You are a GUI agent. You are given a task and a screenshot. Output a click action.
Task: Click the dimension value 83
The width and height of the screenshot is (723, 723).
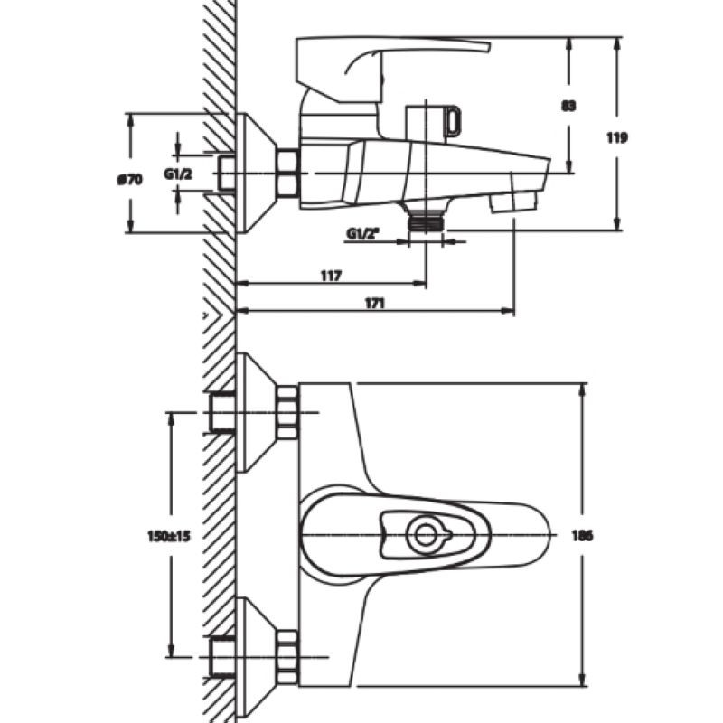click(568, 106)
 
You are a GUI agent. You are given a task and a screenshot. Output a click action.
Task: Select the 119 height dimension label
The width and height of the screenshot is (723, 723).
click(616, 138)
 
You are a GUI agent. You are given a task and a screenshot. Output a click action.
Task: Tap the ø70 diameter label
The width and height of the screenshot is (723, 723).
click(129, 179)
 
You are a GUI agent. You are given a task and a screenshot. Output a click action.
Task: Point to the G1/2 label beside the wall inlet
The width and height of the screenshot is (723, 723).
click(178, 174)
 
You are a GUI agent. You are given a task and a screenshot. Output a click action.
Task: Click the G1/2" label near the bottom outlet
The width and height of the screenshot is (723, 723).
click(363, 234)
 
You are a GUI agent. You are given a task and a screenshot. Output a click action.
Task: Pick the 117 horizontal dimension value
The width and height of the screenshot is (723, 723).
click(331, 276)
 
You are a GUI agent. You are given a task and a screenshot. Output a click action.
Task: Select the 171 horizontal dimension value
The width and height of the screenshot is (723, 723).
click(374, 304)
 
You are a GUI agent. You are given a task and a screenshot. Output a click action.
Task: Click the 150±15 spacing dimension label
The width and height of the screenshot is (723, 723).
click(169, 537)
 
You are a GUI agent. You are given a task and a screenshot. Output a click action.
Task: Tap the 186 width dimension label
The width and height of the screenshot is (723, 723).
click(582, 536)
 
